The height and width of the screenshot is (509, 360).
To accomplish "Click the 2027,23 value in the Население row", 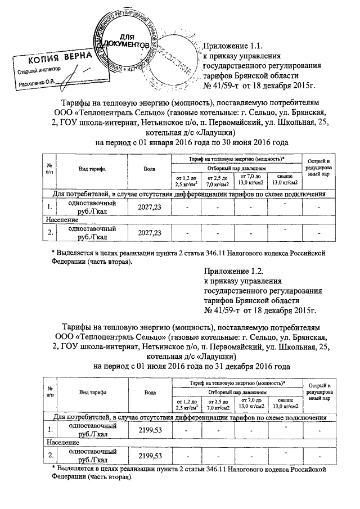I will coord(149,233).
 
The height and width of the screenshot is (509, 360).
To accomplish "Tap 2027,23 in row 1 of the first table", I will coord(149,208).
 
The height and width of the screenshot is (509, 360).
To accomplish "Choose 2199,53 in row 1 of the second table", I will coord(149,430).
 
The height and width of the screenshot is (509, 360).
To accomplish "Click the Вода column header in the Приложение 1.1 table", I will coord(149,169).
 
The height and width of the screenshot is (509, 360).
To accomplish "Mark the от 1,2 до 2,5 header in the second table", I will coord(187,403).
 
